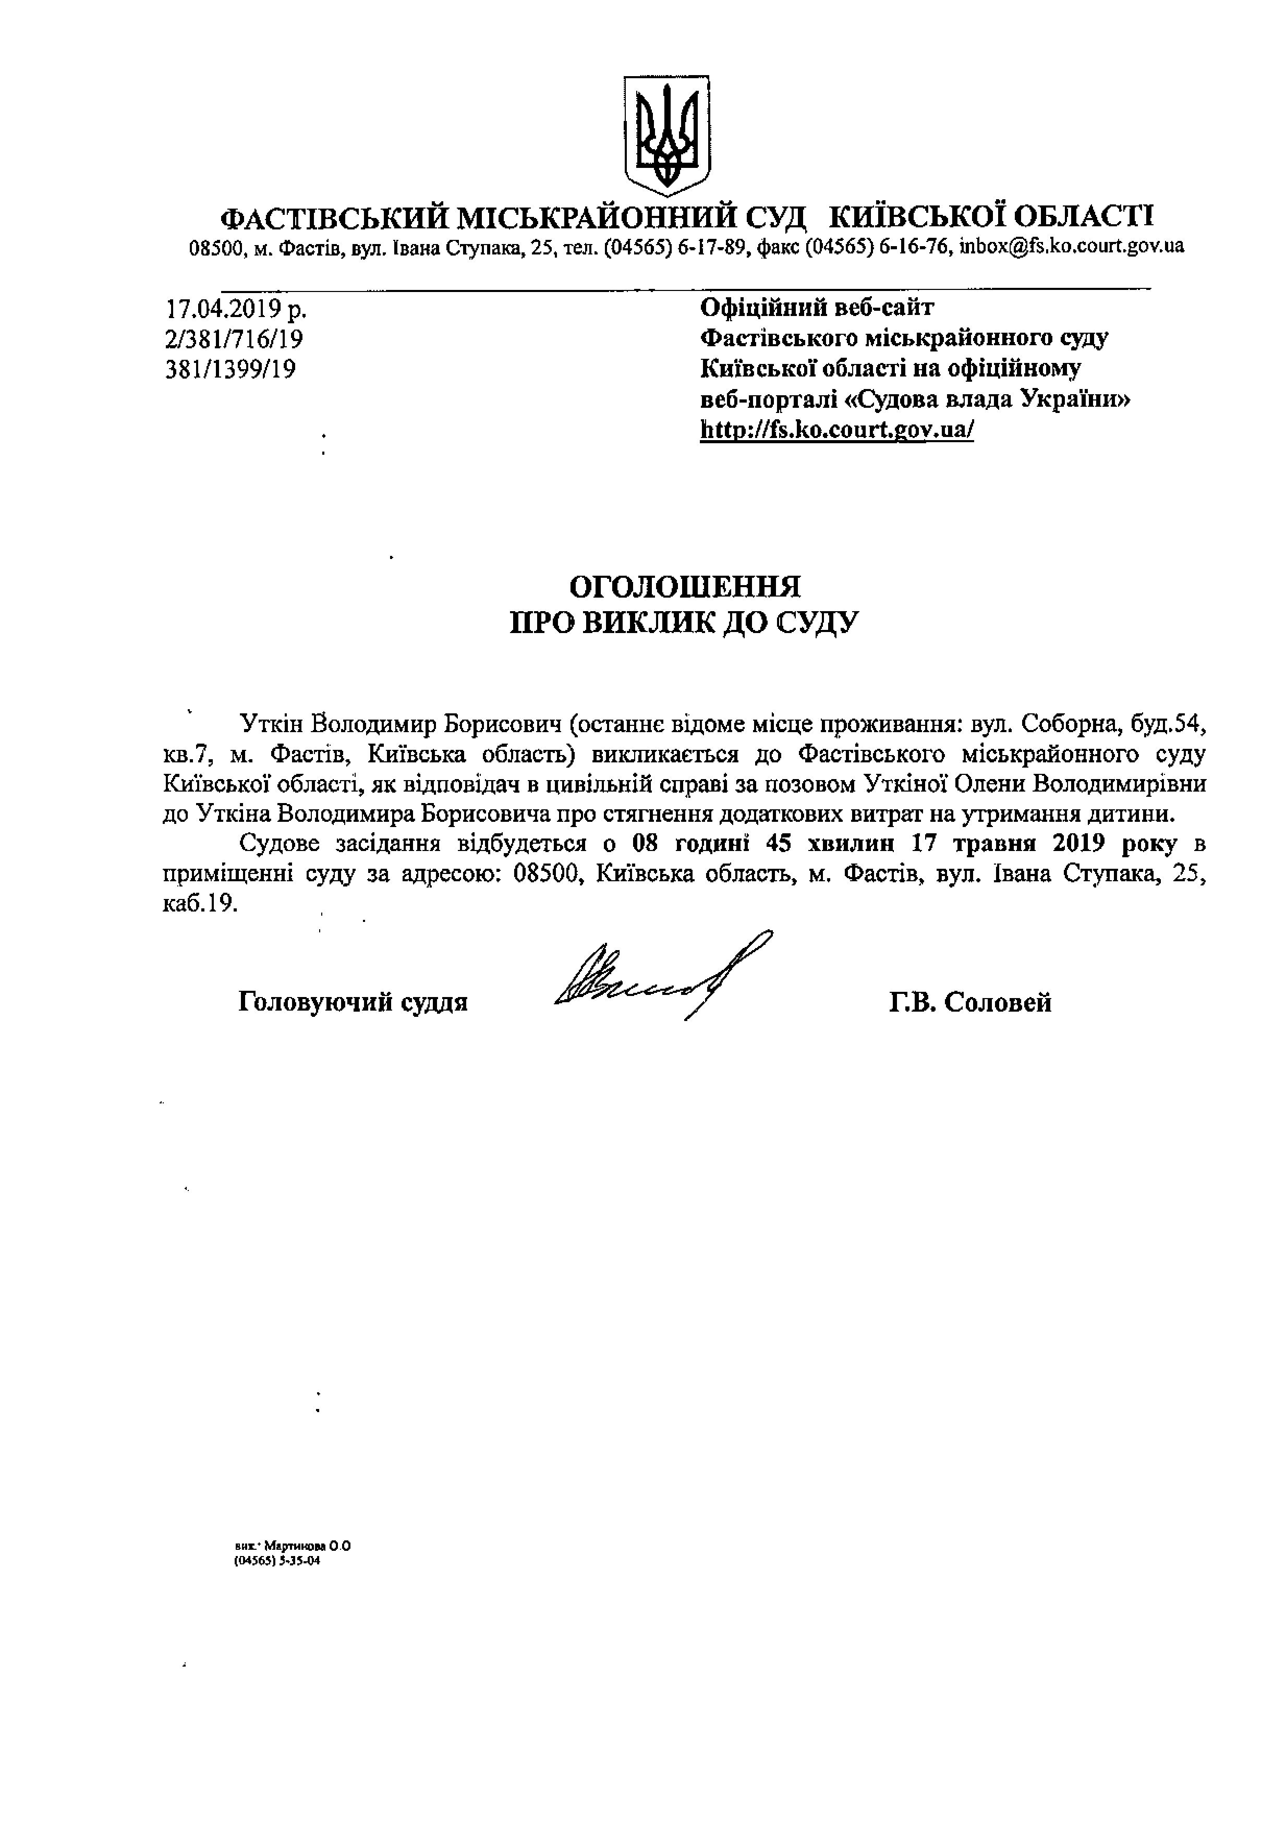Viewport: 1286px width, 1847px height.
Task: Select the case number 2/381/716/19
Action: click(x=234, y=338)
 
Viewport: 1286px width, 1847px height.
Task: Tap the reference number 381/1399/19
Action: click(x=230, y=369)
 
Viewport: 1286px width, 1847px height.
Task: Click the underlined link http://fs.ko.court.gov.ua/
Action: click(x=837, y=430)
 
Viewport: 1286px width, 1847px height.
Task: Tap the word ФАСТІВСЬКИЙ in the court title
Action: click(x=333, y=217)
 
